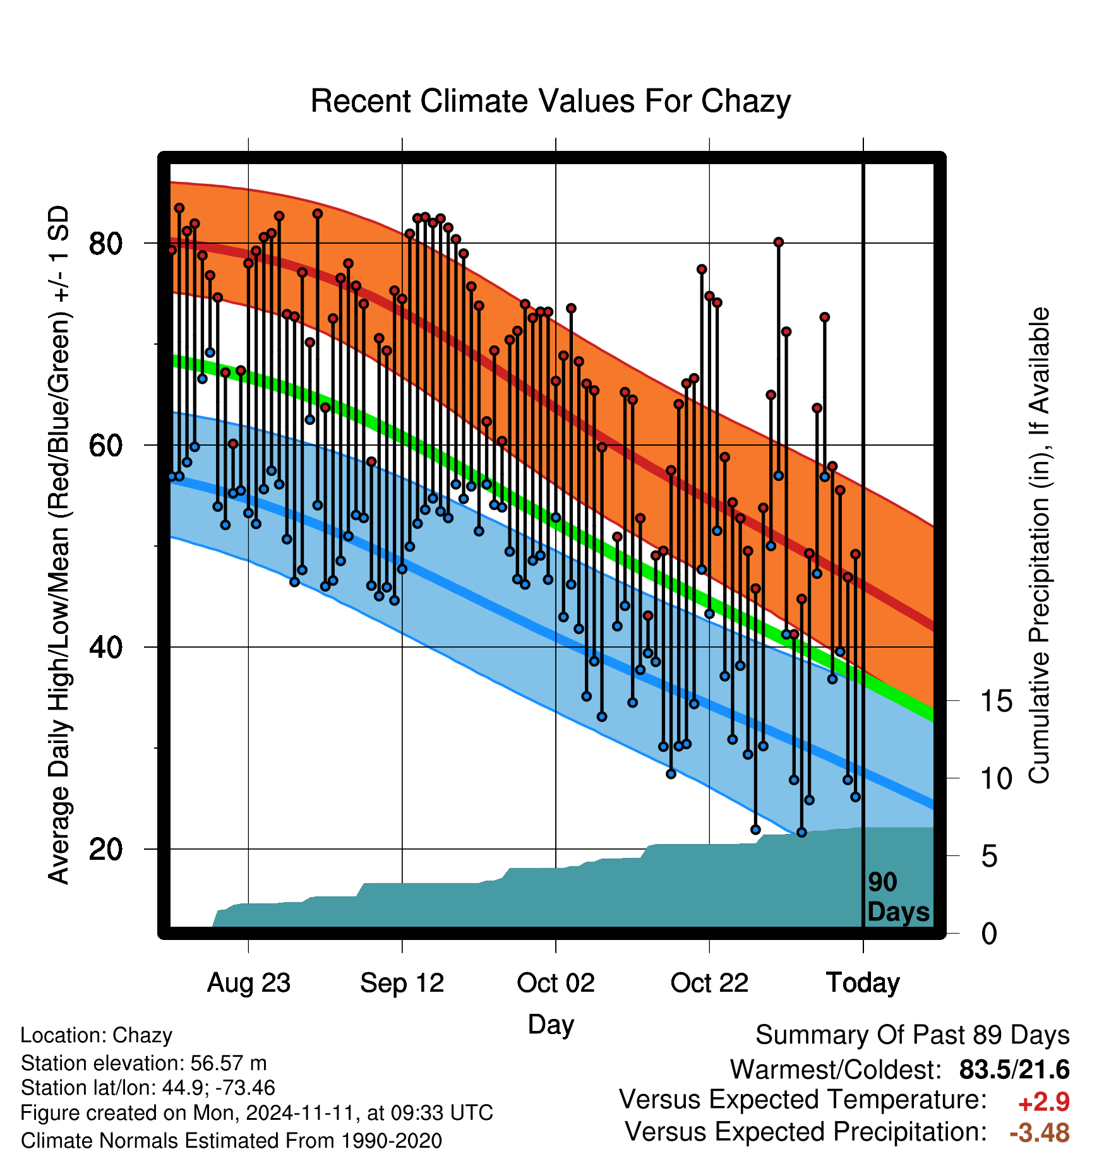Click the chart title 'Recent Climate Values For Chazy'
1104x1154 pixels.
click(550, 101)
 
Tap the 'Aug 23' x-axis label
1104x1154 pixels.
click(249, 983)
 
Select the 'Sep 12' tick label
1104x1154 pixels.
click(402, 983)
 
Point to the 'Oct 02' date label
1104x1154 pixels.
click(556, 983)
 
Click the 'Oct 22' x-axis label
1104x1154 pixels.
click(709, 983)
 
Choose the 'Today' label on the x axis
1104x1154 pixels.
click(863, 983)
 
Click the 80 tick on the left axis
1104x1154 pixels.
click(105, 243)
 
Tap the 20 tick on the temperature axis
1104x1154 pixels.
click(105, 849)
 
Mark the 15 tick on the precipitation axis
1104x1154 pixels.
click(996, 701)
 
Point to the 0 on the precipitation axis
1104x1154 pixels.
click(989, 934)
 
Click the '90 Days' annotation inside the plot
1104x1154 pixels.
click(898, 897)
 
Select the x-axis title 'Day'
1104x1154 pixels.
click(551, 1025)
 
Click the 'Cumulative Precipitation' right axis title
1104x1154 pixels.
click(1039, 546)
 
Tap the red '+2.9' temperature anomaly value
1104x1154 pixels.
click(1043, 1102)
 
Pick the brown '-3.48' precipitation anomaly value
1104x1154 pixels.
click(1040, 1133)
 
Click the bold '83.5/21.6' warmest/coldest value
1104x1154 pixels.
click(1014, 1069)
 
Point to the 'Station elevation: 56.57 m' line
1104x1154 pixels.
click(144, 1064)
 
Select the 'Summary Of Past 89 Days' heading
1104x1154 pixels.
click(913, 1036)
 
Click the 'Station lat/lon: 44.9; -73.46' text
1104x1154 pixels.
click(148, 1088)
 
